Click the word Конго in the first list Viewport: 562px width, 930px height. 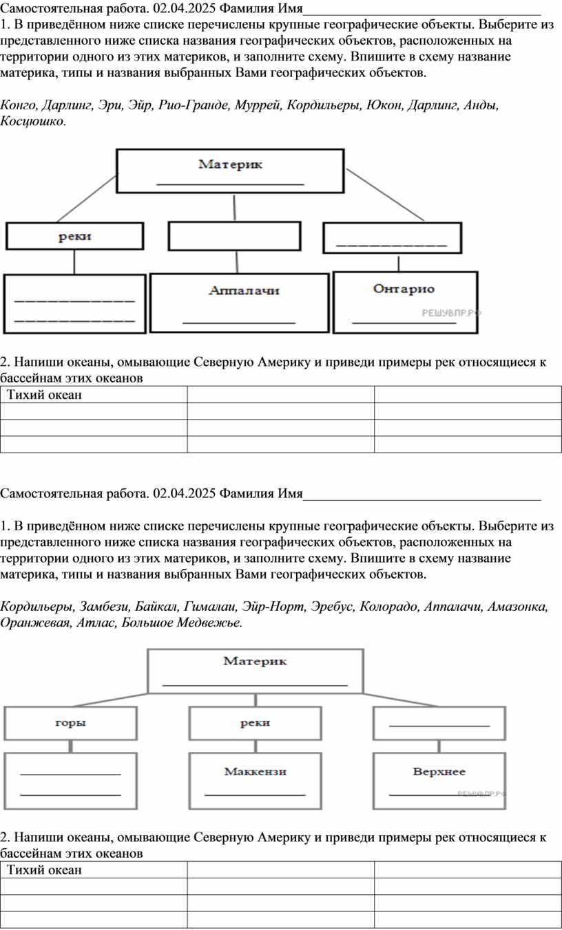(x=19, y=105)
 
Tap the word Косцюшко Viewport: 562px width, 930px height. (x=33, y=122)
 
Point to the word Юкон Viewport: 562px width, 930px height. (x=383, y=105)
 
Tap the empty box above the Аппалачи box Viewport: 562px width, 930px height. (x=235, y=236)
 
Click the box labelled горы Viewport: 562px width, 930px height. (x=70, y=723)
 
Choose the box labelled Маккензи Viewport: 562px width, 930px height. (x=255, y=780)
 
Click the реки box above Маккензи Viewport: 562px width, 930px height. (x=255, y=723)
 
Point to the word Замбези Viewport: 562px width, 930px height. (x=105, y=607)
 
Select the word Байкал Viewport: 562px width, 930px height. (x=156, y=607)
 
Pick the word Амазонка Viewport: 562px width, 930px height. (x=518, y=607)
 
